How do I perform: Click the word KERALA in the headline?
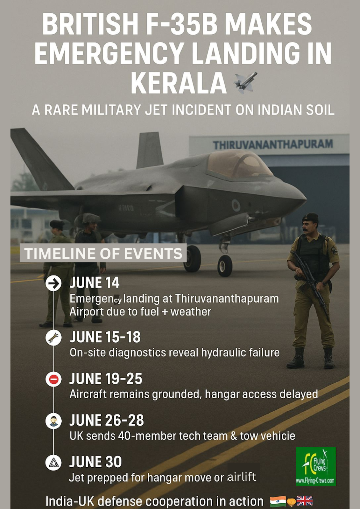[179, 83]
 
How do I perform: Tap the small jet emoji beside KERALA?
[245, 83]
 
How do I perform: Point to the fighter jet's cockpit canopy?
[239, 164]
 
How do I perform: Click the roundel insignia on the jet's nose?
[236, 206]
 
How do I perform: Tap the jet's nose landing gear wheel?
[225, 266]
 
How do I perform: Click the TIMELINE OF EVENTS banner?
[103, 253]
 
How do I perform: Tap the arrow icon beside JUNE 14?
[53, 283]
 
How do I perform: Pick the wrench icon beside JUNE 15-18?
[53, 338]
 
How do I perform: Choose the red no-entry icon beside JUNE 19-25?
[53, 379]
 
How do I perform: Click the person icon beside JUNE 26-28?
[53, 421]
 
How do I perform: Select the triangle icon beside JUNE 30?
[53, 463]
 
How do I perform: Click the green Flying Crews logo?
[316, 466]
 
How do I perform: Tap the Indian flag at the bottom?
[278, 501]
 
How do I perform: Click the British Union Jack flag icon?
[305, 501]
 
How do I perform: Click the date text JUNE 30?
[95, 462]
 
